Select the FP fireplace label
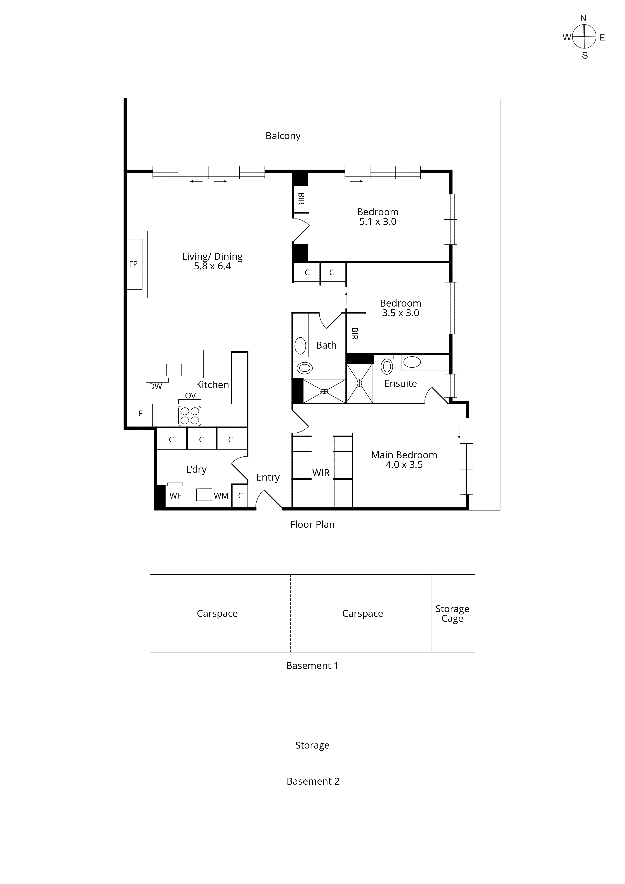coord(133,264)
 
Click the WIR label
coord(321,473)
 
